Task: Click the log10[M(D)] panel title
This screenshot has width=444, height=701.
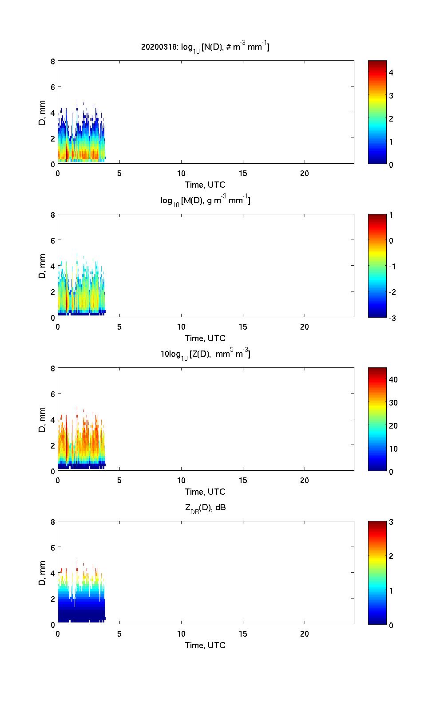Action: coord(205,201)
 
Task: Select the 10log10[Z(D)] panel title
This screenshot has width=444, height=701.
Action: coord(205,354)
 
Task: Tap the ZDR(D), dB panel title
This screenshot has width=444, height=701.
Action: coord(205,508)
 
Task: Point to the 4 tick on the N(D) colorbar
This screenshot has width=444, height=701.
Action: coord(391,72)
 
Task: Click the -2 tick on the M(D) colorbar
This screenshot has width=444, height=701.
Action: coord(391,292)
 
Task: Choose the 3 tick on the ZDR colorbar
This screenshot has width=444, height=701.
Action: coord(391,522)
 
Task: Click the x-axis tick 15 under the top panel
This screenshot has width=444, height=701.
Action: coord(243,173)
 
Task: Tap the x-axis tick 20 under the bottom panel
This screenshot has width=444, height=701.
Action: coord(305,634)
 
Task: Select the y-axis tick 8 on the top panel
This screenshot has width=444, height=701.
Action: coord(53,61)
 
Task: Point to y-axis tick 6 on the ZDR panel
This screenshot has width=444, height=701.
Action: coord(53,547)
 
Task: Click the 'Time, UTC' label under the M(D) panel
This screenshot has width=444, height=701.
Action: coord(205,338)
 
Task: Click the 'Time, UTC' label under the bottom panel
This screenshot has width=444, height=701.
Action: coord(205,645)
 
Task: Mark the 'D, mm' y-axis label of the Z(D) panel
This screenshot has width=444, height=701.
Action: coord(43,420)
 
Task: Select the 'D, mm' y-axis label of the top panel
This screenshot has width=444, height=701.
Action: coord(43,113)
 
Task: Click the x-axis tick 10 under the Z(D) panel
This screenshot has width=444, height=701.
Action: coord(181,480)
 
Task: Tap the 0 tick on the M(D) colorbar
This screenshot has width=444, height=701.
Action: coord(391,241)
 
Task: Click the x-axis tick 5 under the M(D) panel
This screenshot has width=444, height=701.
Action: coord(119,327)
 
